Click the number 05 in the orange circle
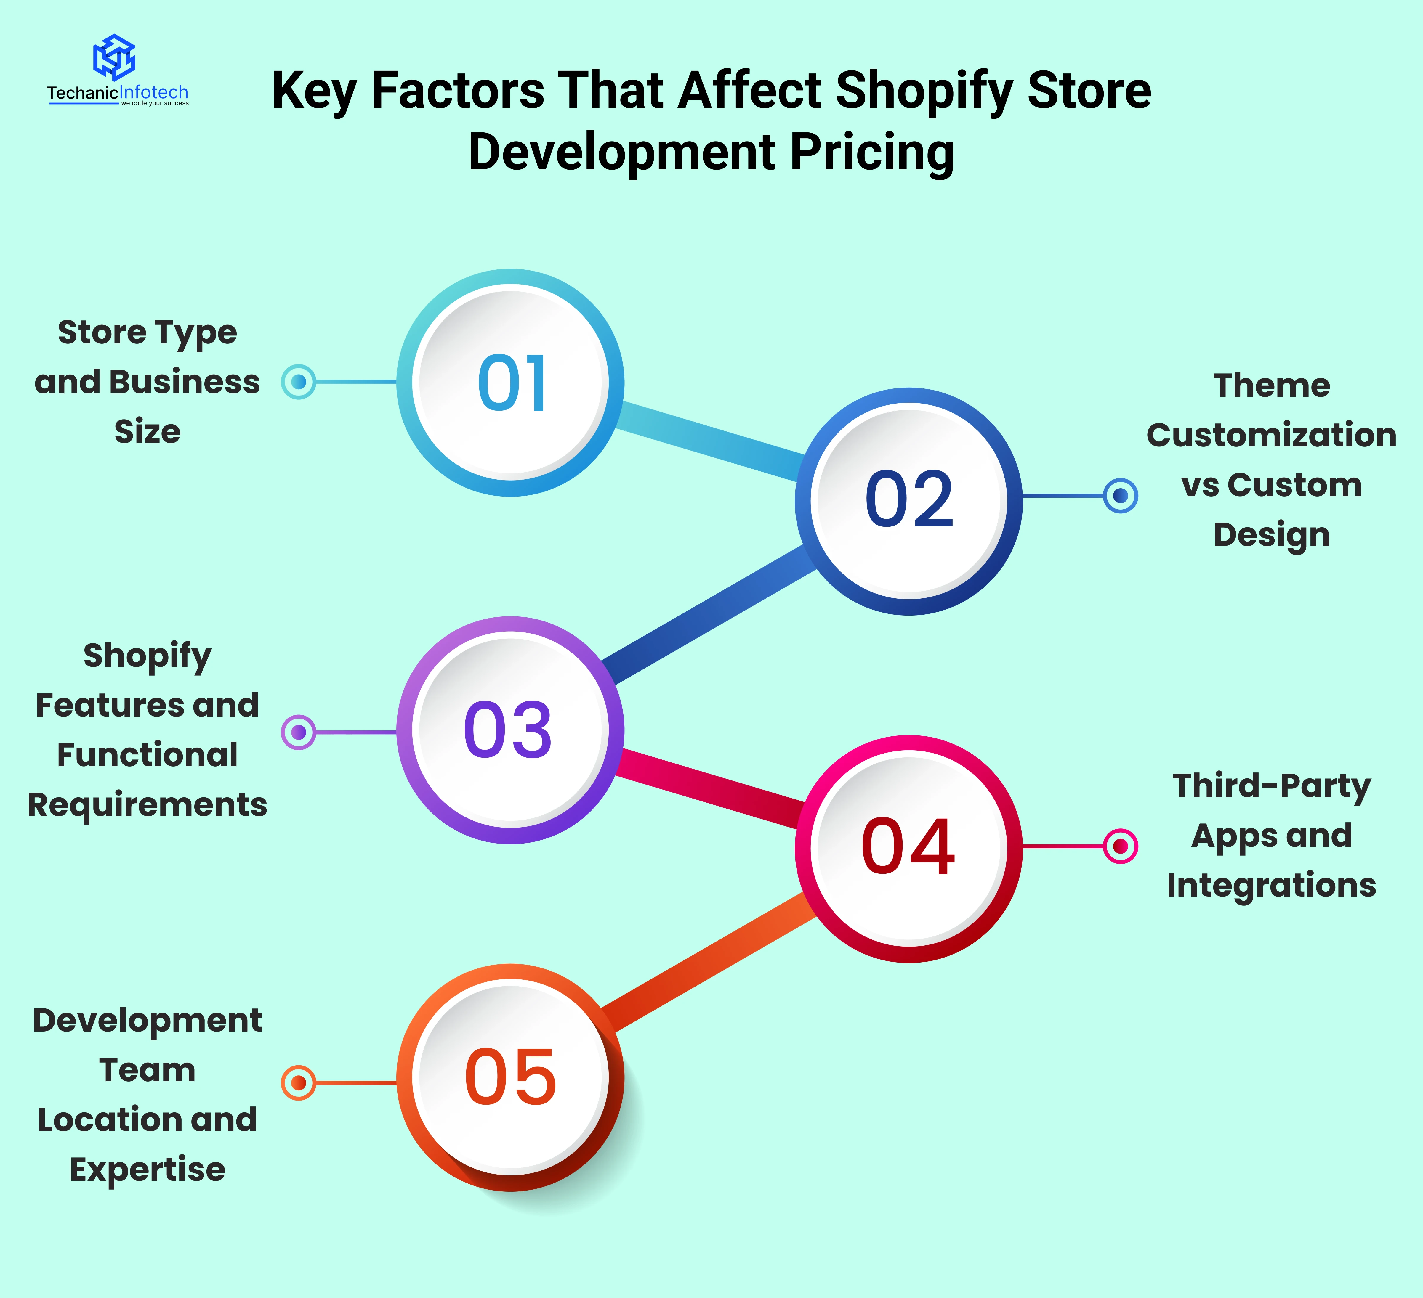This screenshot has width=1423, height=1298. pos(510,1077)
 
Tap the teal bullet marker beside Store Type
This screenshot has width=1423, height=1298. pos(299,382)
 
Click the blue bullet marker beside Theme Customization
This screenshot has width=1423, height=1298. pos(1120,496)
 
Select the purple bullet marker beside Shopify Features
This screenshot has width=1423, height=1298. pos(299,732)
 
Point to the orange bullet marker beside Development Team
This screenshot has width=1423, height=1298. pos(299,1082)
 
